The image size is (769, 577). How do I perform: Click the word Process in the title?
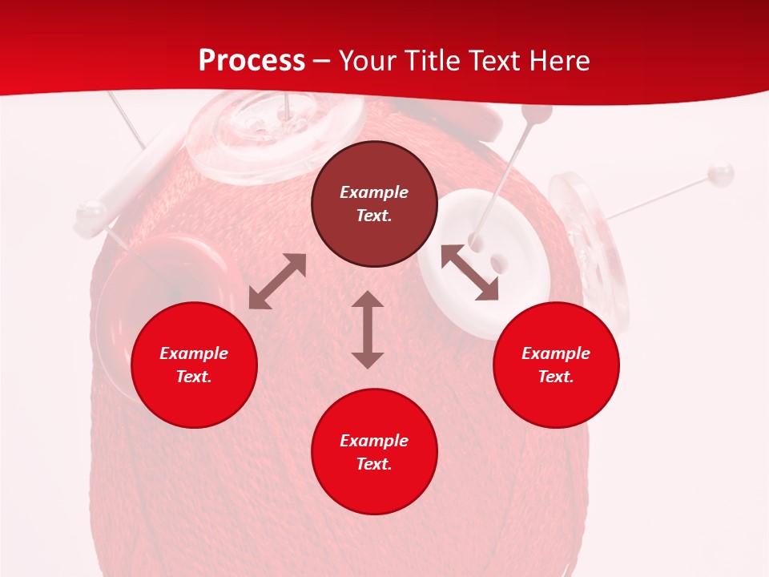(x=252, y=61)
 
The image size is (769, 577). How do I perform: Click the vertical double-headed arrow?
(x=368, y=330)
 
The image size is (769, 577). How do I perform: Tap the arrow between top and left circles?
(x=277, y=281)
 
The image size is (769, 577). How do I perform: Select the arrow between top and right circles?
(x=469, y=272)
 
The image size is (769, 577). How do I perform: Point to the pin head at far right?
(x=722, y=172)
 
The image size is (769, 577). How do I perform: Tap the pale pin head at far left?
(x=91, y=212)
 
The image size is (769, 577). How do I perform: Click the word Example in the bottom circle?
(x=374, y=441)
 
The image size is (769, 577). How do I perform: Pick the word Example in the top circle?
(x=374, y=192)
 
